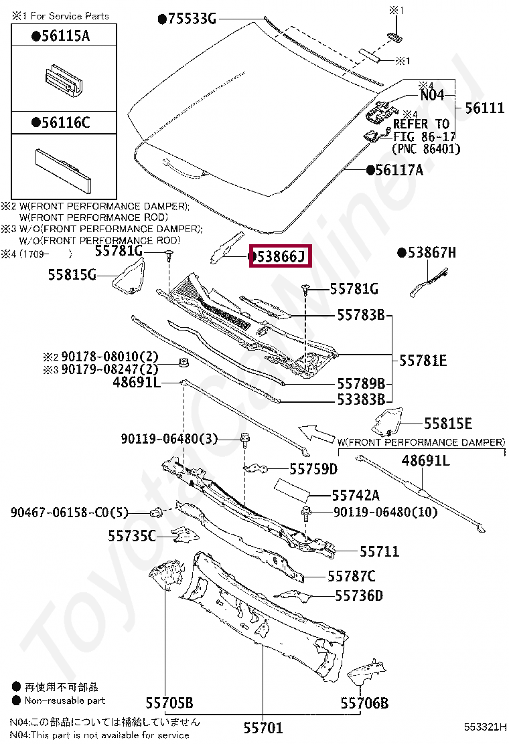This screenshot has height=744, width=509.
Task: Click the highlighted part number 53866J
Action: pyautogui.click(x=279, y=256)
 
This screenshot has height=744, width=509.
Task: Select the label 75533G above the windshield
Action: pyautogui.click(x=192, y=19)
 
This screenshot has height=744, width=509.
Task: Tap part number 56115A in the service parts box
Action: pyautogui.click(x=64, y=37)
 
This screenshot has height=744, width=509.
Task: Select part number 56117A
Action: pyautogui.click(x=399, y=170)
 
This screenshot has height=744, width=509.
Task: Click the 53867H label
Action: pyautogui.click(x=431, y=252)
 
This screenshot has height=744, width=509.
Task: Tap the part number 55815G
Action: pyautogui.click(x=72, y=274)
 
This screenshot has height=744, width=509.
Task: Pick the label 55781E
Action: pyautogui.click(x=423, y=360)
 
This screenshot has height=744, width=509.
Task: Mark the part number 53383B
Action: pyautogui.click(x=360, y=399)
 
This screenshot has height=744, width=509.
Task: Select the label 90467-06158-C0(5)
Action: pyautogui.click(x=69, y=513)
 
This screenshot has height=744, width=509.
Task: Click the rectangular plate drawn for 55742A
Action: pyautogui.click(x=291, y=490)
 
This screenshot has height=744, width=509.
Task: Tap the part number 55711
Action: pyautogui.click(x=379, y=551)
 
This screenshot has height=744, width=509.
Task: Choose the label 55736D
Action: pyautogui.click(x=359, y=595)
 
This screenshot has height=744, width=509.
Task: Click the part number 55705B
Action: pyautogui.click(x=169, y=703)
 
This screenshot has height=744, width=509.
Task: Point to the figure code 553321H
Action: pyautogui.click(x=486, y=726)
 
